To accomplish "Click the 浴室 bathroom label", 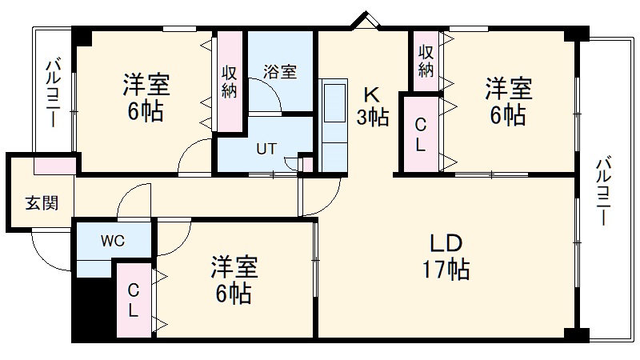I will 279,71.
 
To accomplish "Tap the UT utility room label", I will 266,149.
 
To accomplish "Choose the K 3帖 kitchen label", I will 373,105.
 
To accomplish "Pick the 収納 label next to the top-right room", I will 426,59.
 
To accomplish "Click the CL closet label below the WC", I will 134,299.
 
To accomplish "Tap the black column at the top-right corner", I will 574,34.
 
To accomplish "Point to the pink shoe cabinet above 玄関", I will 55,166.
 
